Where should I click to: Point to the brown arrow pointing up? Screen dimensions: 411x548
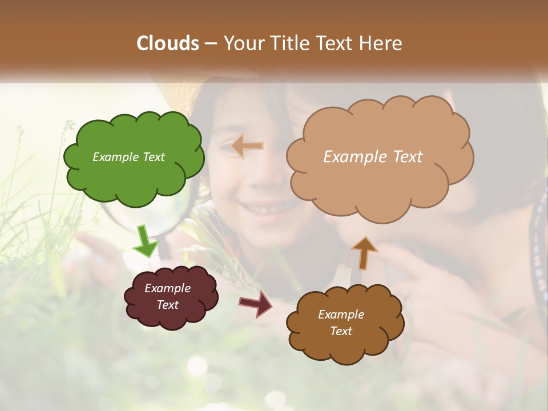364,253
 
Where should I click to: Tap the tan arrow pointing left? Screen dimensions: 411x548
248,147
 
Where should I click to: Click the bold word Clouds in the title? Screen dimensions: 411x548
168,43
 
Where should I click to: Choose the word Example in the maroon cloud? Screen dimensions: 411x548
168,288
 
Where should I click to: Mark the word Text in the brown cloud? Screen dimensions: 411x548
341,331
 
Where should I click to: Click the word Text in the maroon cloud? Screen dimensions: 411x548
168,305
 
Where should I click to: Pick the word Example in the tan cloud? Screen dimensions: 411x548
353,157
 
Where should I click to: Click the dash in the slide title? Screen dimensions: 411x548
211,44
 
